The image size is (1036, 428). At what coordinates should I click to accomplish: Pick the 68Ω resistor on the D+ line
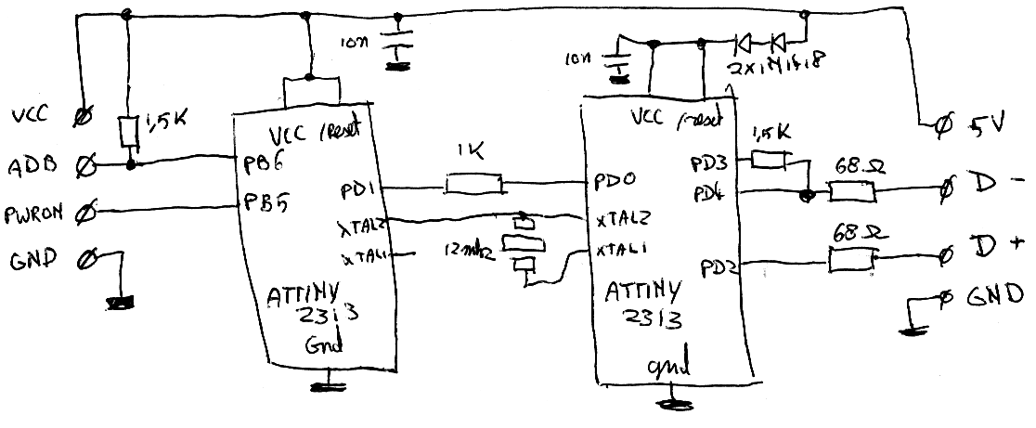coord(853,261)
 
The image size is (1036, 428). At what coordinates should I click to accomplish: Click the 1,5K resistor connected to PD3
coord(768,161)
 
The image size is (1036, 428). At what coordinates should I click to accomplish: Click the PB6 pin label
coord(261,164)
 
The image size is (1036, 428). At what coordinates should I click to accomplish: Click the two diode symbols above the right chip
coord(758,42)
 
